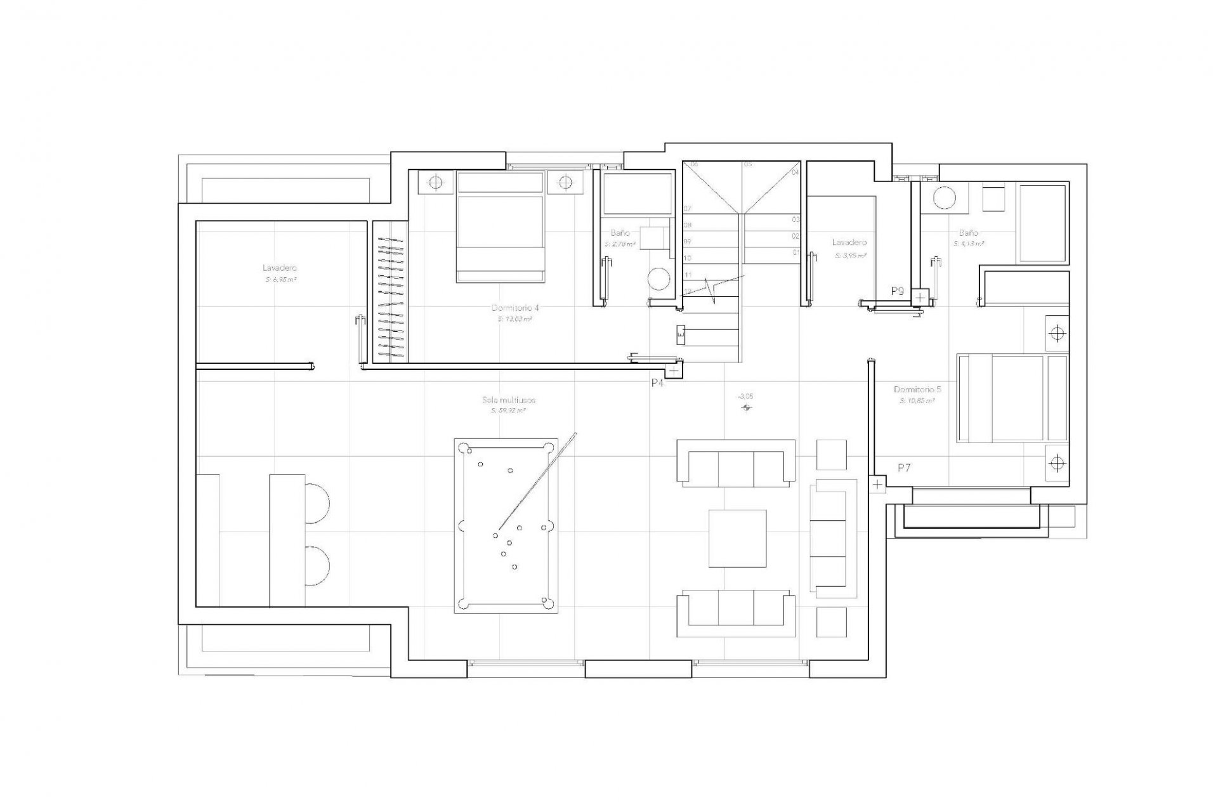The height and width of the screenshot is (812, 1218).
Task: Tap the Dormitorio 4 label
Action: pos(515,308)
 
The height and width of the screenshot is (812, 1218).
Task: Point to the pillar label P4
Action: pos(657,383)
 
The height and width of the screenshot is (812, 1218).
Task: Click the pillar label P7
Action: pos(904,468)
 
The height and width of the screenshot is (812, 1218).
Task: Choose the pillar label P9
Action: pos(897,292)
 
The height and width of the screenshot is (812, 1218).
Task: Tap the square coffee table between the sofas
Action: pos(738,538)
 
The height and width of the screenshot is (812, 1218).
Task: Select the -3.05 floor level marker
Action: pos(745,396)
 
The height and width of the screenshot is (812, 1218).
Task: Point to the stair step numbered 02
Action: pos(796,236)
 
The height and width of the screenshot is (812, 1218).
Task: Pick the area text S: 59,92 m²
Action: pos(509,411)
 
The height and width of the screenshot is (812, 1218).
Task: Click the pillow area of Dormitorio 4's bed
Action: pos(500,183)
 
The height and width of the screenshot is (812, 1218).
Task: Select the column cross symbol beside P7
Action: pos(877,485)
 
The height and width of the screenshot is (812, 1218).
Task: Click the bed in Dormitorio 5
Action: pos(1012,398)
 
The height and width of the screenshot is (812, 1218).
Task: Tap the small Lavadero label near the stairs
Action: pos(849,243)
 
